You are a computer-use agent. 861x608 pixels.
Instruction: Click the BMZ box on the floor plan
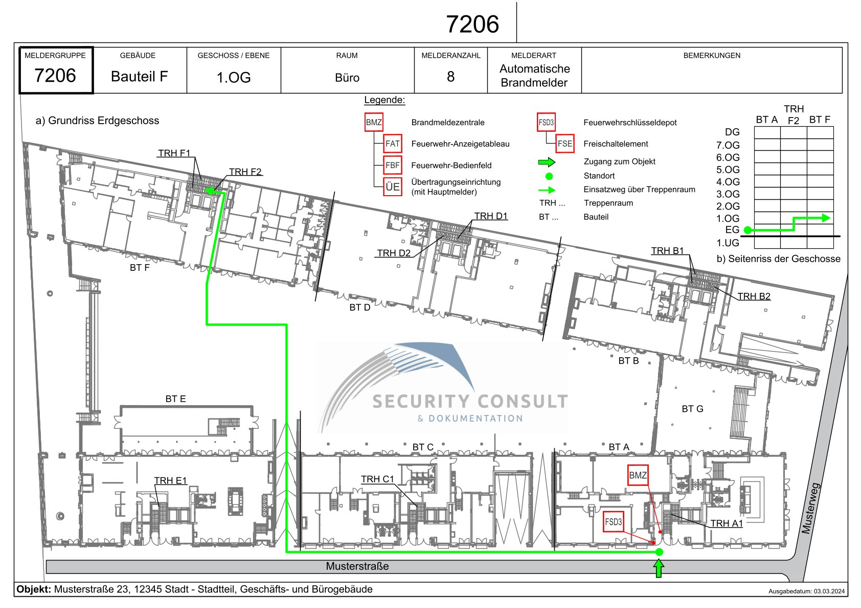click(638, 475)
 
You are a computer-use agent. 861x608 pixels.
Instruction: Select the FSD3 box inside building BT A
click(613, 522)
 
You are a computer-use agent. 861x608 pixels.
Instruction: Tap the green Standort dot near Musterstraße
click(659, 552)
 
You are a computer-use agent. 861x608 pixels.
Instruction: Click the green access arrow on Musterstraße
click(659, 569)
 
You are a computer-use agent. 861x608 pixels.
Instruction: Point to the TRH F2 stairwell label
click(245, 172)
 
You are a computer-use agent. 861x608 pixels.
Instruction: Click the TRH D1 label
click(491, 216)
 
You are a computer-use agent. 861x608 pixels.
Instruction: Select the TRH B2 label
click(754, 296)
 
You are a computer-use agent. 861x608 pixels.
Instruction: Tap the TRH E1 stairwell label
click(170, 480)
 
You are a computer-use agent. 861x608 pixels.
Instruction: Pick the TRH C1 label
click(377, 479)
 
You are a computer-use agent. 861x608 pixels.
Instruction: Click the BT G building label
click(692, 409)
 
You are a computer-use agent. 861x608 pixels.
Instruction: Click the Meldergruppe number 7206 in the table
click(55, 75)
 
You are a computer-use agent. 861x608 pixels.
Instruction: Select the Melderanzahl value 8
click(450, 77)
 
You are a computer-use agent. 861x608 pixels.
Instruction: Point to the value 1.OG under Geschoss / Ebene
click(234, 77)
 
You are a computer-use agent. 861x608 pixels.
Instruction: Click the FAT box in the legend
click(393, 144)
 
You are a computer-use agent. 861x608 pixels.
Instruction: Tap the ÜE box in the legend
click(393, 186)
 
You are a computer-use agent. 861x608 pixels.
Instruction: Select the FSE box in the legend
click(564, 144)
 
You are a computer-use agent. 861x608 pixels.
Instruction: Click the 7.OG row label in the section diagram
click(728, 145)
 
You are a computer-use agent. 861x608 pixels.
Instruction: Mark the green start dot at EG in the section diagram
click(747, 230)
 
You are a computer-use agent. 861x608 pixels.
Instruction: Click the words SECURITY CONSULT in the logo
click(470, 402)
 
